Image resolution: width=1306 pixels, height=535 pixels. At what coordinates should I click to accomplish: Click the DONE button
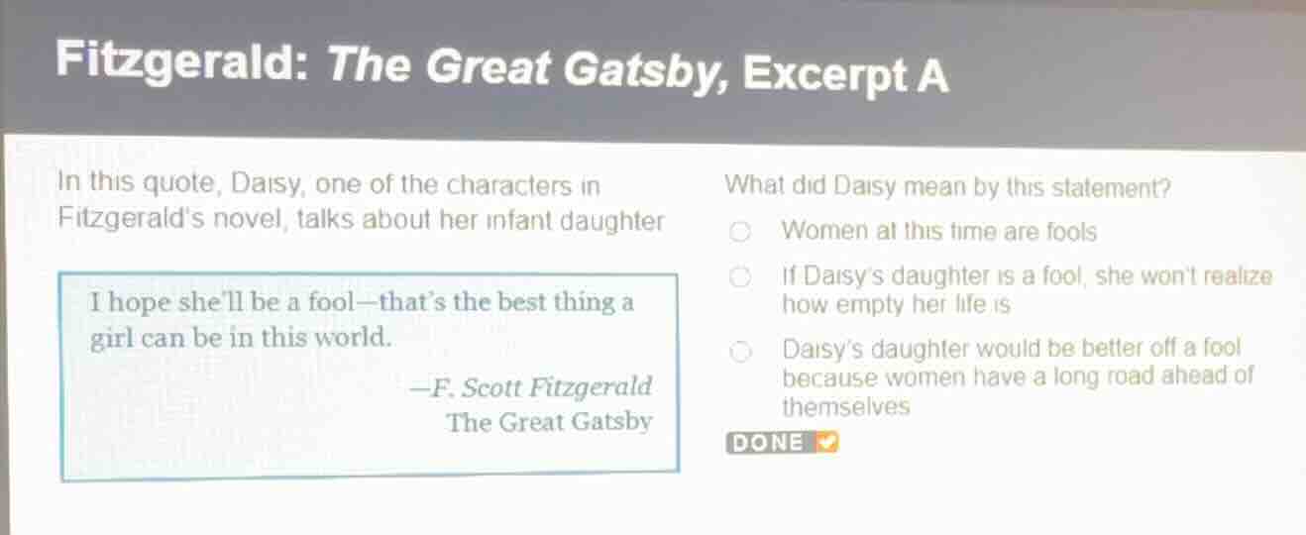782,443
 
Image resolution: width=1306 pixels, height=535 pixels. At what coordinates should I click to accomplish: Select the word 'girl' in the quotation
111,338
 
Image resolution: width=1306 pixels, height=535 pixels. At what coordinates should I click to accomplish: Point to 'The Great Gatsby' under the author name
548,422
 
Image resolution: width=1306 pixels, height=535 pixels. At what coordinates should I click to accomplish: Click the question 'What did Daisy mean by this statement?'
947,186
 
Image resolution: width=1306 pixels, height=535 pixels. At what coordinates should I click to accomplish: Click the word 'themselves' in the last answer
845,407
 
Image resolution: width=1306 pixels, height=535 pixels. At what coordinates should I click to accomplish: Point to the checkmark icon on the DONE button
826,442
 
